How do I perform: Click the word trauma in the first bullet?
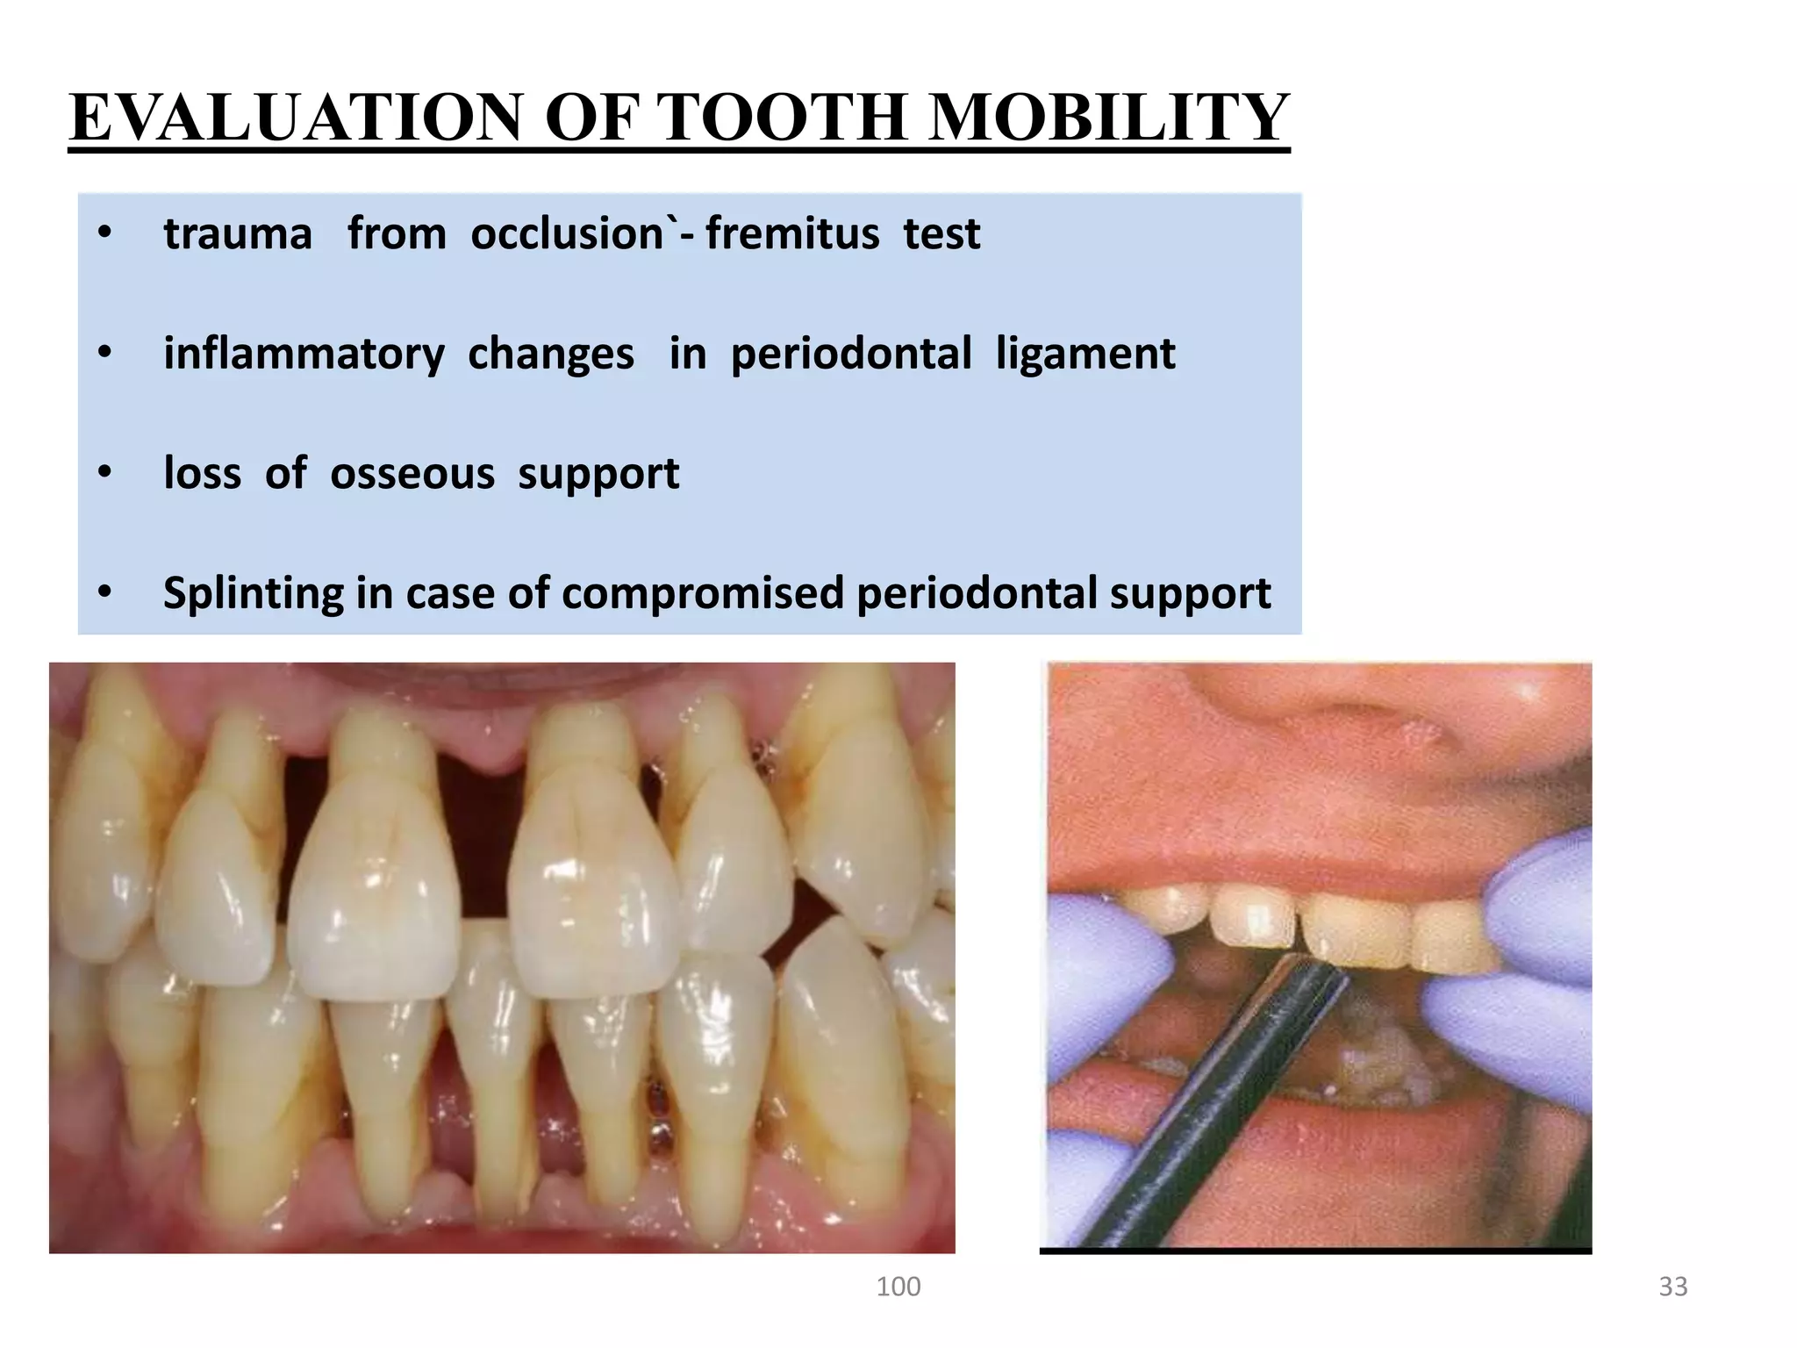click(x=238, y=234)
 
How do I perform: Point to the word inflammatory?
click(x=304, y=355)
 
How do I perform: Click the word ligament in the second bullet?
click(x=1085, y=355)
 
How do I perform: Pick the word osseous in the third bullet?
click(x=412, y=474)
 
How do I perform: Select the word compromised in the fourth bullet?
click(x=703, y=593)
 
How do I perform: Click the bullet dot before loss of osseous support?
click(x=105, y=474)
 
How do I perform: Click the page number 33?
click(x=1672, y=1287)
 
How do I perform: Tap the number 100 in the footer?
click(x=898, y=1287)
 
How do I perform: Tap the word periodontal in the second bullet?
click(x=850, y=355)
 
